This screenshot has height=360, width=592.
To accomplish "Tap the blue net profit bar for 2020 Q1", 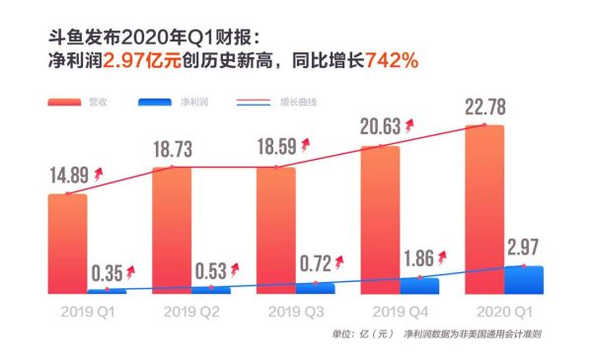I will (x=523, y=280).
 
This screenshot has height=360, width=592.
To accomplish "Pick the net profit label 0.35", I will (x=107, y=272).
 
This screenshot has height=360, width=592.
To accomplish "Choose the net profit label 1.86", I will (x=418, y=258).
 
